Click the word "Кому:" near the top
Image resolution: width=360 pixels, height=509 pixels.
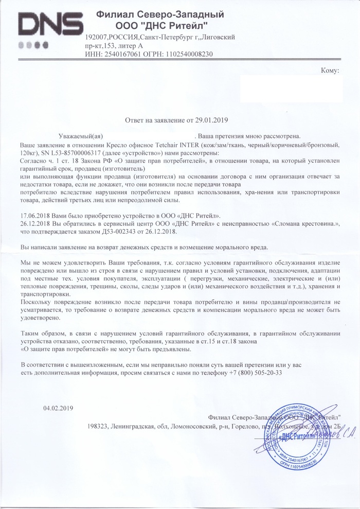tap(330, 70)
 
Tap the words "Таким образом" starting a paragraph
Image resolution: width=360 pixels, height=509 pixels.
tap(44, 332)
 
